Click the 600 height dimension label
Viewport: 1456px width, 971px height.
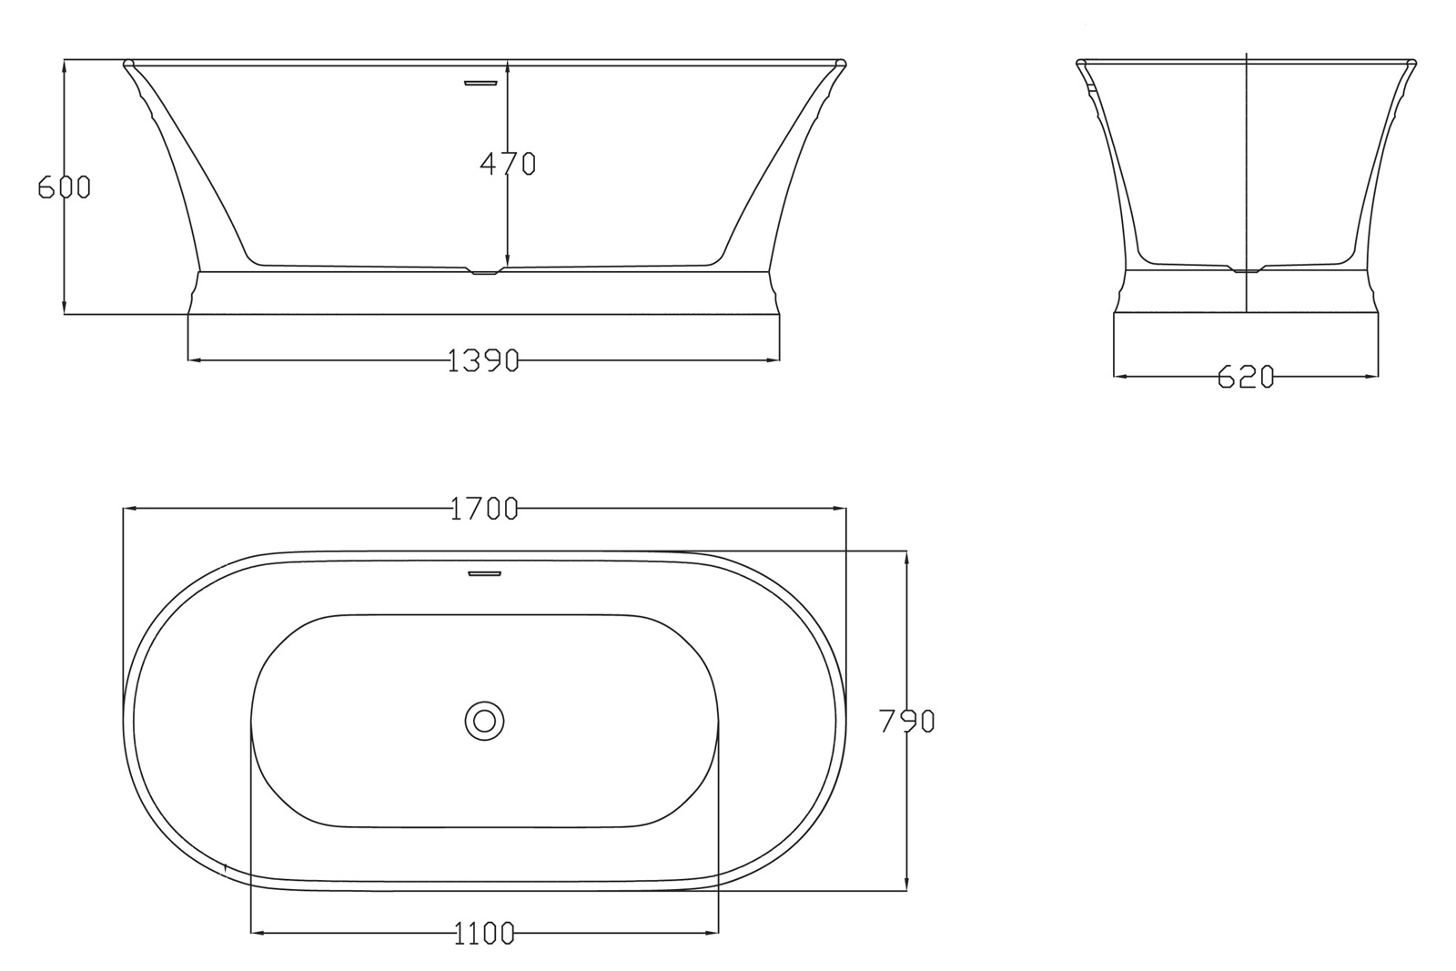64,187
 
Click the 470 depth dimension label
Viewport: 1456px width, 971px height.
508,164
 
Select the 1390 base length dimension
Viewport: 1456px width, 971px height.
483,361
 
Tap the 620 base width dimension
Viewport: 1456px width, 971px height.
1246,377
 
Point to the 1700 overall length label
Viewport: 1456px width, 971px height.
484,509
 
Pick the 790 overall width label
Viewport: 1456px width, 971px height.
906,722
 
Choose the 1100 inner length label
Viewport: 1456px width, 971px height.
484,933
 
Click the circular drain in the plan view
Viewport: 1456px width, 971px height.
484,721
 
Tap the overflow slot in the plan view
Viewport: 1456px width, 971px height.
484,573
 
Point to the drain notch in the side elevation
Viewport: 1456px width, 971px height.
1247,270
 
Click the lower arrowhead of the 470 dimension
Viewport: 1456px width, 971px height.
508,261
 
